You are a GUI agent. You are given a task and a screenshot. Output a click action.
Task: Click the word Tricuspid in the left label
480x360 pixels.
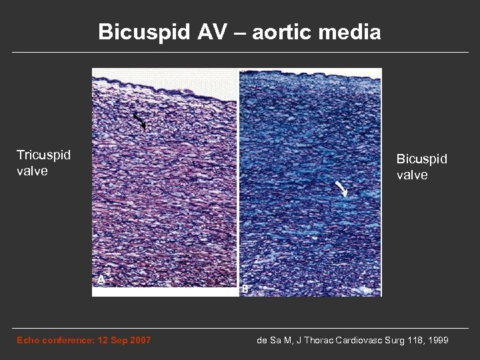tap(44, 155)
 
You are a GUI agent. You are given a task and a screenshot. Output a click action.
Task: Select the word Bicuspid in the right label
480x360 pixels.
tap(422, 160)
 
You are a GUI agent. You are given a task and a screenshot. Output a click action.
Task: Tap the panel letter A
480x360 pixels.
tap(101, 281)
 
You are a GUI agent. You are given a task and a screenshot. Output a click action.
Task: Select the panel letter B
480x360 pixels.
tap(245, 288)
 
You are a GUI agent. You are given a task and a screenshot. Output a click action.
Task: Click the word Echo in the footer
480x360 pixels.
tap(29, 341)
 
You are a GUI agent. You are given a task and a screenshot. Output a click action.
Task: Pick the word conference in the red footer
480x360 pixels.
tap(67, 341)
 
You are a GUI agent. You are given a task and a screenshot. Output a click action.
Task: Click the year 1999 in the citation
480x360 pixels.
tap(437, 341)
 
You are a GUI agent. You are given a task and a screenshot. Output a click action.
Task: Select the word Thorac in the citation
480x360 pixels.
tap(313, 341)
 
